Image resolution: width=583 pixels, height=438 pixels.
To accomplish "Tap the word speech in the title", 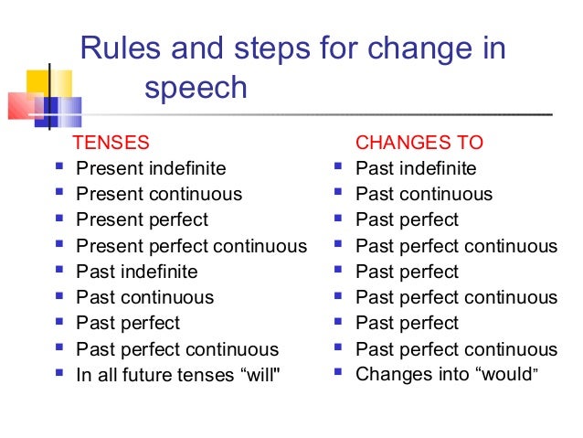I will pos(196,88).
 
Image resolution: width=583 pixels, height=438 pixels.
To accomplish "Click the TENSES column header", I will pos(110,143).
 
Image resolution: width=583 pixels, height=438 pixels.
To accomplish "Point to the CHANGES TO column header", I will pos(419,143).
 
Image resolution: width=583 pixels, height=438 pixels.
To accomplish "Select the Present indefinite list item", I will pos(150,168).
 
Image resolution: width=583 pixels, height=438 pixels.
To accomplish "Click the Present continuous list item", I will pos(159,194).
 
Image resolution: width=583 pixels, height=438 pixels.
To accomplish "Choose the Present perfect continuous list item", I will pos(191,246).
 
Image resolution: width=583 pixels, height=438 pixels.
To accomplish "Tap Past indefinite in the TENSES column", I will pos(136,272).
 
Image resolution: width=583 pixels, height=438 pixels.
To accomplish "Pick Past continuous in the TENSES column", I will pos(144,297).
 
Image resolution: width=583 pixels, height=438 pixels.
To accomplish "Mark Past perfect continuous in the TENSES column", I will pos(177,349).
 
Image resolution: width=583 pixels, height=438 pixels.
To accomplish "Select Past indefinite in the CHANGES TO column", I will pos(416,168).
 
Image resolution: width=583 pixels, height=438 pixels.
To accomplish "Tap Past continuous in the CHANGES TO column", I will pos(424,194).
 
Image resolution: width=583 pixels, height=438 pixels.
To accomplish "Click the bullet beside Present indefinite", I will pos(60,168).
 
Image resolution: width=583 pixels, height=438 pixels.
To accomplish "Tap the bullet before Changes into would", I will pos(340,373).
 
